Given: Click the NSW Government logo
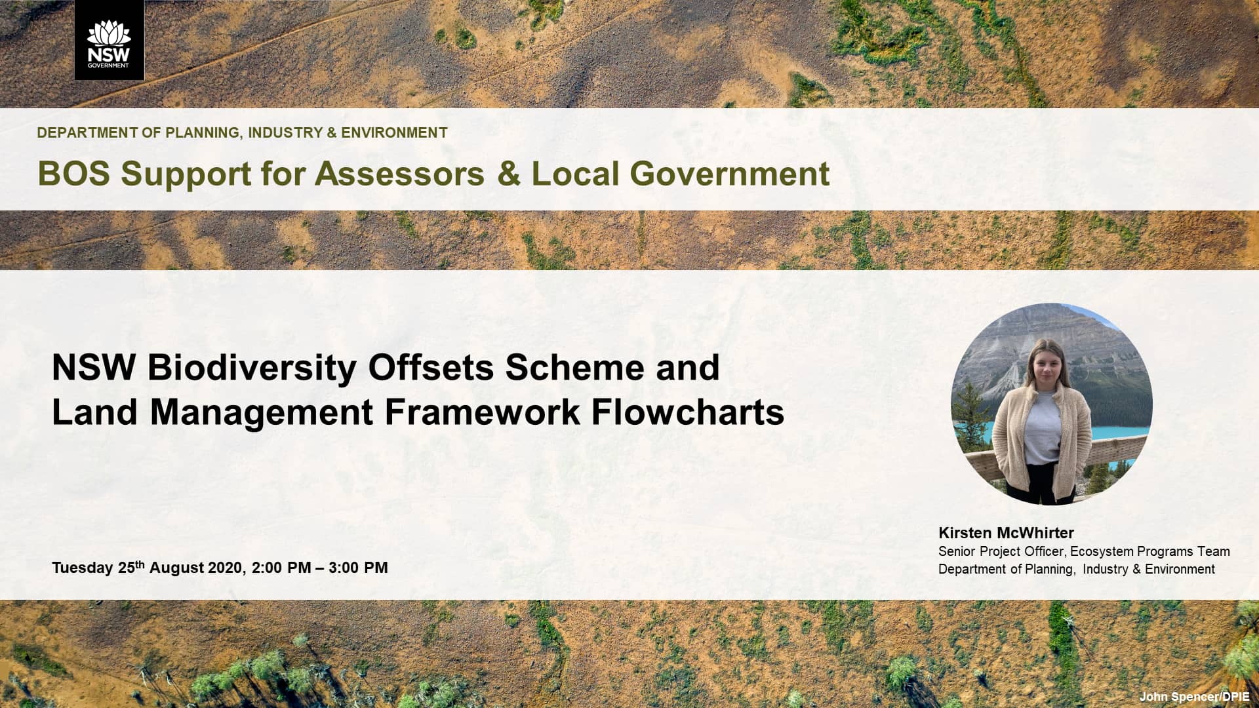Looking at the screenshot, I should [109, 40].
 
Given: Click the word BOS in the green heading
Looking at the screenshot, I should [73, 174].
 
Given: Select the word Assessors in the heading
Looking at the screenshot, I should [399, 174].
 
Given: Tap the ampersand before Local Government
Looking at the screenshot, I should [508, 174].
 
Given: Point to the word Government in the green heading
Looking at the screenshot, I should [729, 174].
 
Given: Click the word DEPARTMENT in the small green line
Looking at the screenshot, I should [88, 133].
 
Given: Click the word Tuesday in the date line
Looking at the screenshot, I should [82, 568].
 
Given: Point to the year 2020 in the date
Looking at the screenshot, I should [226, 568].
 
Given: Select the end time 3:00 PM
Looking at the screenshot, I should [358, 568].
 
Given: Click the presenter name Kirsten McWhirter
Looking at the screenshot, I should [1006, 533].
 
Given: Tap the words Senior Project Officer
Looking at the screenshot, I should [1001, 551].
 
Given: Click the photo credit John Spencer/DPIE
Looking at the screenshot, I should [1194, 697].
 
